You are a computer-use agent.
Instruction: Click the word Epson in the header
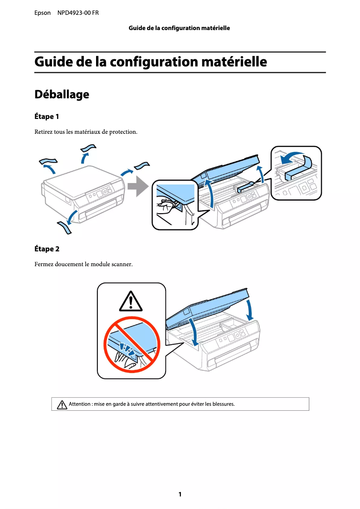pos(42,13)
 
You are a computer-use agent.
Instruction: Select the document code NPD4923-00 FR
pos(78,13)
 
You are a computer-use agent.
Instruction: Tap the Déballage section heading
pos(61,95)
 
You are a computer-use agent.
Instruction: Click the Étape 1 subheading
pos(47,117)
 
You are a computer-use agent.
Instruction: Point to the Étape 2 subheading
pos(47,249)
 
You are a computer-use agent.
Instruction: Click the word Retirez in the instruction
pos(44,132)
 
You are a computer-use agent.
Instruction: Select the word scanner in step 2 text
pos(121,264)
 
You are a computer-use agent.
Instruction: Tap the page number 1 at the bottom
pos(180,494)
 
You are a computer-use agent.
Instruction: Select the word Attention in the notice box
pos(79,404)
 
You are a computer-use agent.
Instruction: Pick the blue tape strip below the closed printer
pos(64,228)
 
